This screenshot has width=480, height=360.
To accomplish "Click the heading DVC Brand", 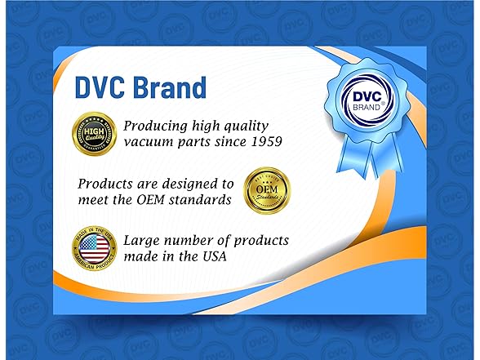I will pyautogui.click(x=140, y=87).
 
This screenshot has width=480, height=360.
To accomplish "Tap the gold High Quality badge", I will pyautogui.click(x=94, y=132).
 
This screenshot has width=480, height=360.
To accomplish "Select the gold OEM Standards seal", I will pyautogui.click(x=267, y=191).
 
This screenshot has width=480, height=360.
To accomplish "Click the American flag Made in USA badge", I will pyautogui.click(x=94, y=250).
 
